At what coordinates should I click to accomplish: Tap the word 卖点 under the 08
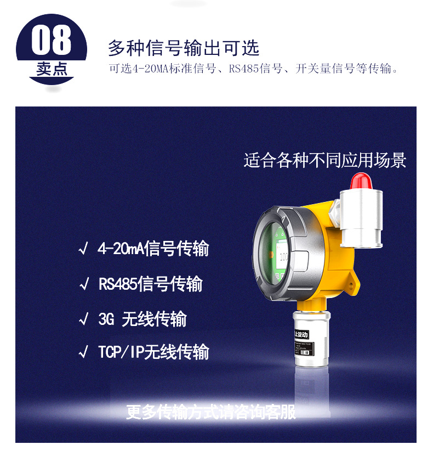pos(52,70)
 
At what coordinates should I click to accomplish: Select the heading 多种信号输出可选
pos(183,48)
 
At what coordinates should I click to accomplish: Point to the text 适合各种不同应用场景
pos(325,161)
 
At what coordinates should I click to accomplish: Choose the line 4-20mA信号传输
pos(153,249)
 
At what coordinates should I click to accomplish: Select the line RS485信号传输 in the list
pos(150,284)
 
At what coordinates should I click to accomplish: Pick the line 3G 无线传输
pos(142,319)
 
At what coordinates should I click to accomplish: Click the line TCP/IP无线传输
pos(153,352)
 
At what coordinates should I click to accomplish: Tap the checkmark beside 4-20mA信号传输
pos(83,250)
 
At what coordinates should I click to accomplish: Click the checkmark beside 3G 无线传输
pos(83,319)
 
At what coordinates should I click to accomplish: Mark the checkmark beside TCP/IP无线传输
pos(83,352)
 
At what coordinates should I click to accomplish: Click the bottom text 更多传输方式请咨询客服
pos(210,412)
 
